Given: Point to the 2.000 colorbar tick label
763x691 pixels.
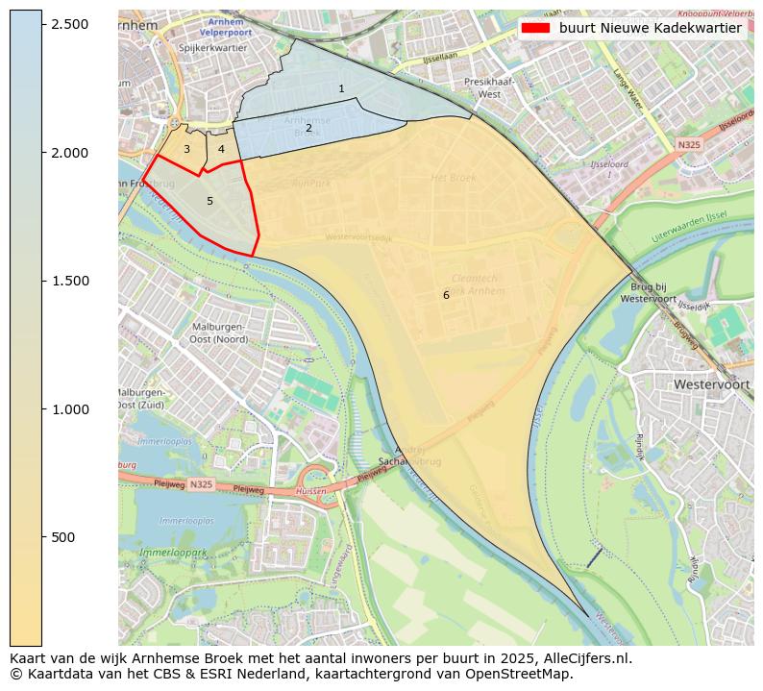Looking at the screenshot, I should pyautogui.click(x=70, y=153).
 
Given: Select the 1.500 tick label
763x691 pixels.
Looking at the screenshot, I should pyautogui.click(x=70, y=281).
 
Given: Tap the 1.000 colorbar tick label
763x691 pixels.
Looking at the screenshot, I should pyautogui.click(x=70, y=409).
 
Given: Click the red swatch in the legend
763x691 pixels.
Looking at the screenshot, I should pyautogui.click(x=536, y=28).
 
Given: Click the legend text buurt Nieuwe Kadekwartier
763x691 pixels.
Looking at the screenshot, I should pyautogui.click(x=650, y=28).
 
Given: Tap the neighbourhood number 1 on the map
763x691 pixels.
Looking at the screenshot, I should pyautogui.click(x=341, y=88).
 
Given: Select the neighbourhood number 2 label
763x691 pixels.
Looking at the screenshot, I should pyautogui.click(x=308, y=128).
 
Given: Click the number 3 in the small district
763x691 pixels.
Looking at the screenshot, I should pyautogui.click(x=186, y=149).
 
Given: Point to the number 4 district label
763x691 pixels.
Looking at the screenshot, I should pyautogui.click(x=221, y=149).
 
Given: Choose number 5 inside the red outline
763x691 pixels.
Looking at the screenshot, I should pyautogui.click(x=209, y=201).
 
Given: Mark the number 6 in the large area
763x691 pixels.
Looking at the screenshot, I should pyautogui.click(x=446, y=295).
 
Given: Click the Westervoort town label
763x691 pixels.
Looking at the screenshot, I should pyautogui.click(x=711, y=383).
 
